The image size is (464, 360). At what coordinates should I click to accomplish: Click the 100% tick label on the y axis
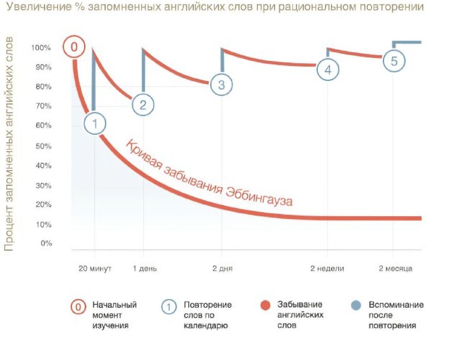click(x=41, y=48)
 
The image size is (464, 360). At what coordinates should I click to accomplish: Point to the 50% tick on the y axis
click(x=43, y=146)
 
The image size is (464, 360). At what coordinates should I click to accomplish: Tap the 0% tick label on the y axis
click(x=46, y=243)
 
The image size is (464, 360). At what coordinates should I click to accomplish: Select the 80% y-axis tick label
click(x=43, y=87)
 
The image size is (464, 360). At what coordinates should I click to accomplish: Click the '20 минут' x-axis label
click(x=95, y=268)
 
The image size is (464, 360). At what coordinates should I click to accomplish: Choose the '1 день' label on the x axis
click(x=144, y=268)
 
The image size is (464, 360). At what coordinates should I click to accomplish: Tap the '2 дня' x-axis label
click(x=223, y=268)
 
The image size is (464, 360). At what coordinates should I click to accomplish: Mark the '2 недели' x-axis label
click(x=327, y=268)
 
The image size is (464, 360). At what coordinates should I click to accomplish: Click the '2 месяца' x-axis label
click(x=396, y=268)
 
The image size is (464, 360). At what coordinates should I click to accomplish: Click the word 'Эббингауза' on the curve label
click(x=259, y=197)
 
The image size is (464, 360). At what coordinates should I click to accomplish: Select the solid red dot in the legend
click(x=266, y=306)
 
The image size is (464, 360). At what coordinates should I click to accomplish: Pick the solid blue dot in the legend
click(x=356, y=306)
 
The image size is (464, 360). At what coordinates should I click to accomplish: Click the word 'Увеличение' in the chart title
click(x=39, y=6)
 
